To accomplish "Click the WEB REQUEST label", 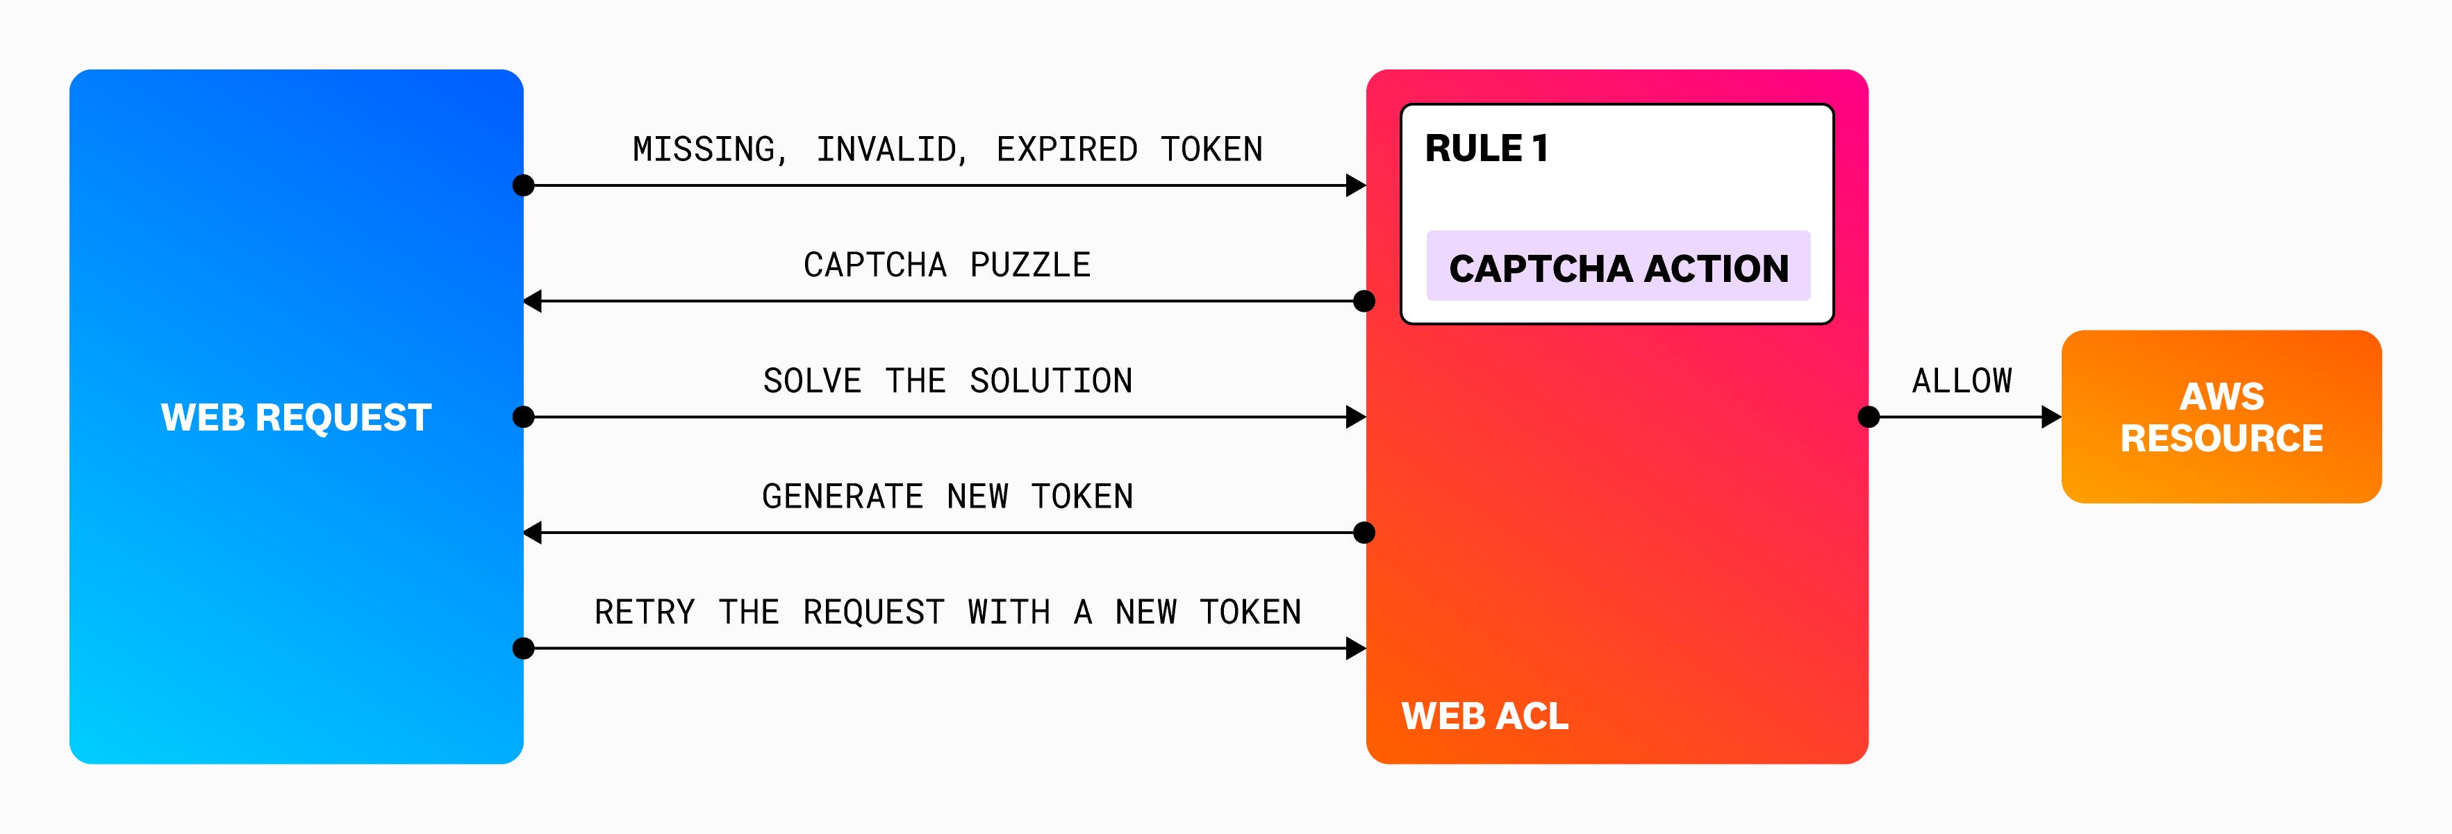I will tap(296, 417).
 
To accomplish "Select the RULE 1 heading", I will tap(1486, 149).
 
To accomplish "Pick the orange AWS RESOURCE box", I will tap(2221, 417).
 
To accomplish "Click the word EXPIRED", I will tap(1066, 149).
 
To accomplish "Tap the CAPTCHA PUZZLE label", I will tap(946, 265).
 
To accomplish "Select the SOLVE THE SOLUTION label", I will tap(947, 381).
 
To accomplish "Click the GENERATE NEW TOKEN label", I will tap(947, 496).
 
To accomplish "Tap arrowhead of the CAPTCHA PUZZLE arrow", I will tap(533, 302).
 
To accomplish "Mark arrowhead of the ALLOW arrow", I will tap(2051, 417).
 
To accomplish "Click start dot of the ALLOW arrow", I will tap(1869, 417).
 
